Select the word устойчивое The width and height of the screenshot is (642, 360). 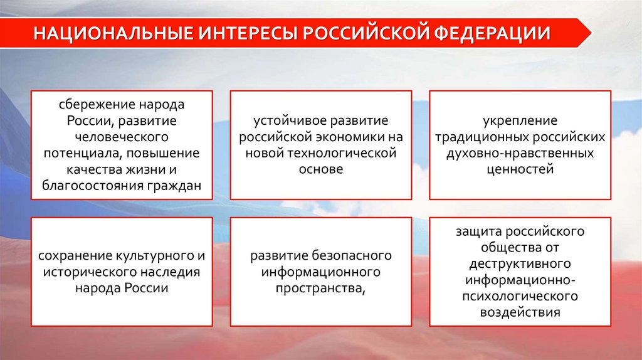[x=284, y=120]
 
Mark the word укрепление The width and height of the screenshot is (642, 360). [x=520, y=120]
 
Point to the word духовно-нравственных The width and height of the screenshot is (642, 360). [x=520, y=152]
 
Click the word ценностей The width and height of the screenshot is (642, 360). [x=520, y=169]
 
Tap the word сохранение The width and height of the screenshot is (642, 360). [x=74, y=255]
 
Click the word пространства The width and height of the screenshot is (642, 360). [x=319, y=288]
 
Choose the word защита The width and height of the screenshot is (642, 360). [x=476, y=231]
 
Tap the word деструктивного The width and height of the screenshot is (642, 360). [x=520, y=263]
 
